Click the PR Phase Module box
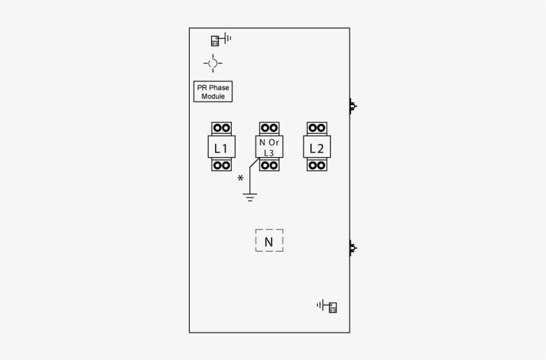[213, 92]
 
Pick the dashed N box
[269, 240]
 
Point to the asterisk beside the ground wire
[240, 178]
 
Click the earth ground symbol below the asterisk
[250, 198]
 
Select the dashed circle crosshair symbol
[213, 63]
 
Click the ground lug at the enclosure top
[221, 39]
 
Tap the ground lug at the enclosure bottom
[327, 306]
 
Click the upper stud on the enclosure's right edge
[353, 106]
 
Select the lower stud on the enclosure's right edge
[353, 248]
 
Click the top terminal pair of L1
[222, 128]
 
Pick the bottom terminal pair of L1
[222, 164]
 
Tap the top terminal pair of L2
[317, 128]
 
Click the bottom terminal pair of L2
[317, 164]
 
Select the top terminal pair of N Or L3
[269, 128]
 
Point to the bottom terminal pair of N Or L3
[269, 164]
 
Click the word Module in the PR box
[213, 96]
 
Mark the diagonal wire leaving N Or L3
[254, 163]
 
